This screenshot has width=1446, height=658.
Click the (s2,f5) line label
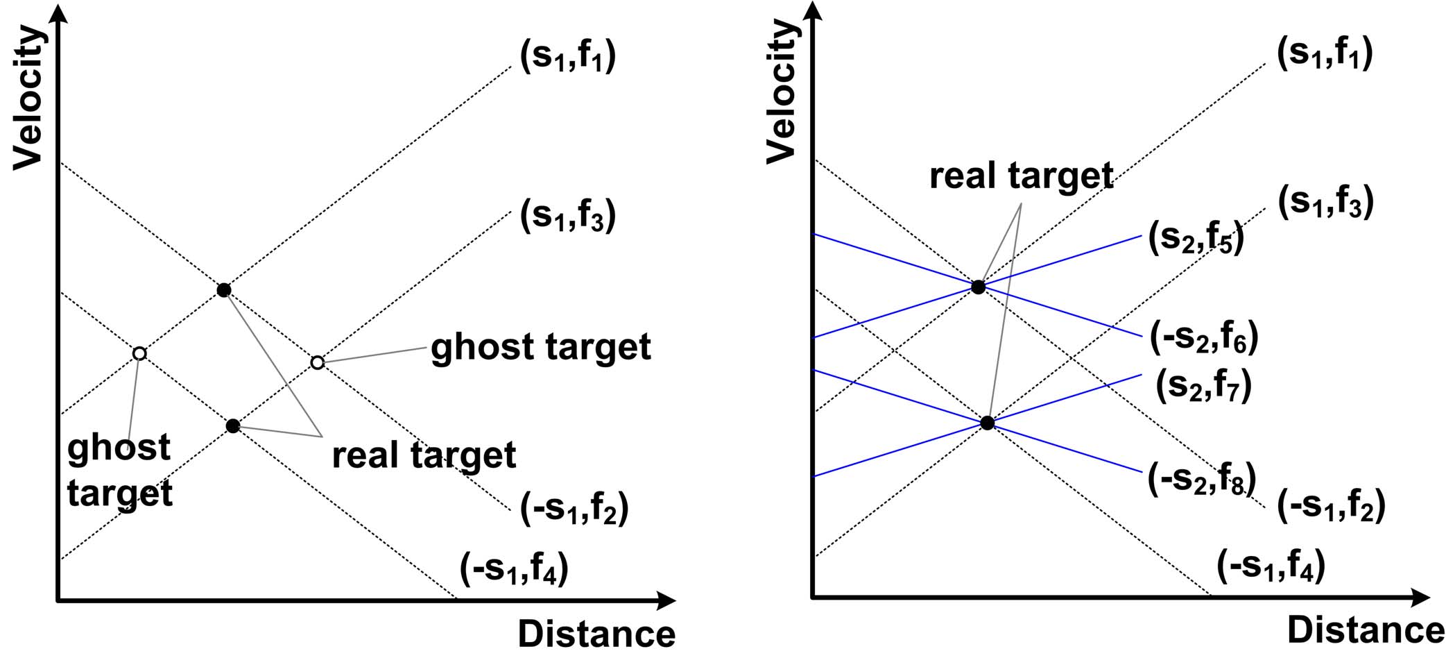pos(1196,238)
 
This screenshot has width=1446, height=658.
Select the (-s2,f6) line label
pos(1203,337)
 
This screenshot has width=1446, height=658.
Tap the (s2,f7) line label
pos(1203,385)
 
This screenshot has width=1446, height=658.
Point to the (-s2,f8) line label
pos(1201,479)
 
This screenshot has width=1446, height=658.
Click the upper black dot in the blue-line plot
pos(978,287)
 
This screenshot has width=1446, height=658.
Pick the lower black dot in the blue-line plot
pos(988,423)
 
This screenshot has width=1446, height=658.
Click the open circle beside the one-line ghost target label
pos(317,362)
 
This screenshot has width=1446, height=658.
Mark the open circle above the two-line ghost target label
pos(139,354)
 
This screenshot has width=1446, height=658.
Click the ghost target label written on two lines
pos(119,470)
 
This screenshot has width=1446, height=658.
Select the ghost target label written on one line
pos(540,346)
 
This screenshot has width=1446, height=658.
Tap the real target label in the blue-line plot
pos(1021,176)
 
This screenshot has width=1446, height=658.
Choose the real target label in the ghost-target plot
pos(424,455)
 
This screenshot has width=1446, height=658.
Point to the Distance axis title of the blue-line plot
pos(1365,630)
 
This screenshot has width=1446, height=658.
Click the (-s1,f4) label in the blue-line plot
pos(1271,565)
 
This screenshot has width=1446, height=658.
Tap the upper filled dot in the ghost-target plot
pos(223,290)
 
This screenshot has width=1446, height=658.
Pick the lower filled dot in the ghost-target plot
pos(233,425)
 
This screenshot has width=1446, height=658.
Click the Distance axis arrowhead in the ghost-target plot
pos(666,600)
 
